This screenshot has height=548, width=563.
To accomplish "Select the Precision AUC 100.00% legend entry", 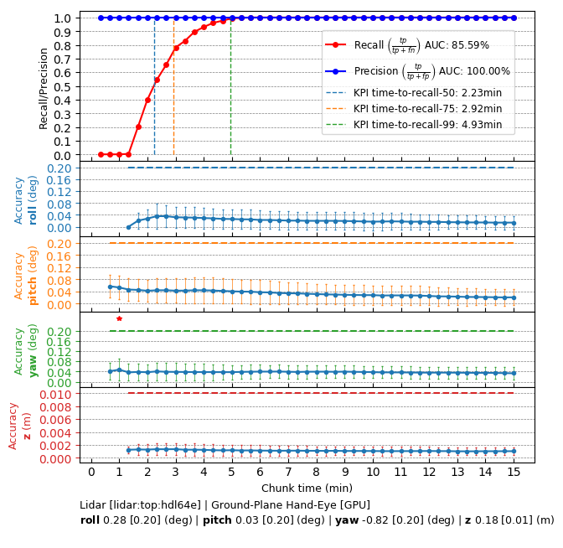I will (x=417, y=71).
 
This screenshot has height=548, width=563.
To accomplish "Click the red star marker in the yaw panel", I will (x=119, y=318).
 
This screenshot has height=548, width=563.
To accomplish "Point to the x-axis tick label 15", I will (x=514, y=473).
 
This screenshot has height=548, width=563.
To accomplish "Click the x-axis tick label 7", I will (x=288, y=473).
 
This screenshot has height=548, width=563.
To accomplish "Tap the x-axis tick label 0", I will (x=91, y=473).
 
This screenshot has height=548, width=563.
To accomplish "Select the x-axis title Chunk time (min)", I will (x=307, y=488).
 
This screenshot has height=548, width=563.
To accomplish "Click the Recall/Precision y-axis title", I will (x=44, y=86).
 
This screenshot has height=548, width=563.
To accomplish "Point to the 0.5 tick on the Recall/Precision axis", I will (x=62, y=86).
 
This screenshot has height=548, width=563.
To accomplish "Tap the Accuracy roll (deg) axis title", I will (x=26, y=199).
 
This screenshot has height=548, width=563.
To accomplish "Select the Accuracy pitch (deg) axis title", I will (x=26, y=275).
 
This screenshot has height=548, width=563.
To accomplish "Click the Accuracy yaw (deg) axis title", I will (x=26, y=349).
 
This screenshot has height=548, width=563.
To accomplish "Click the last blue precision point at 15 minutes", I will (x=514, y=18).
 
